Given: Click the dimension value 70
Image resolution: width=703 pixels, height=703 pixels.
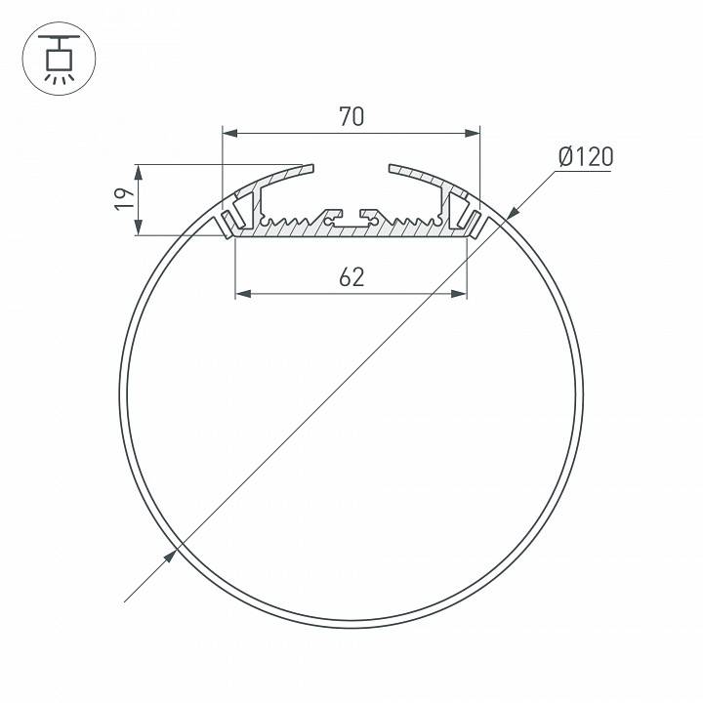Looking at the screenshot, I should (x=351, y=117).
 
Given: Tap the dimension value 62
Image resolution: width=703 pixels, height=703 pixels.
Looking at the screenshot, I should (x=351, y=277).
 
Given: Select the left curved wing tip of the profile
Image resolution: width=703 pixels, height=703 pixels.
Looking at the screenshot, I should (x=310, y=169).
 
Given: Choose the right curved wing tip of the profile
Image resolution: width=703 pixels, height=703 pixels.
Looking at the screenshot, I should (x=393, y=169).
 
